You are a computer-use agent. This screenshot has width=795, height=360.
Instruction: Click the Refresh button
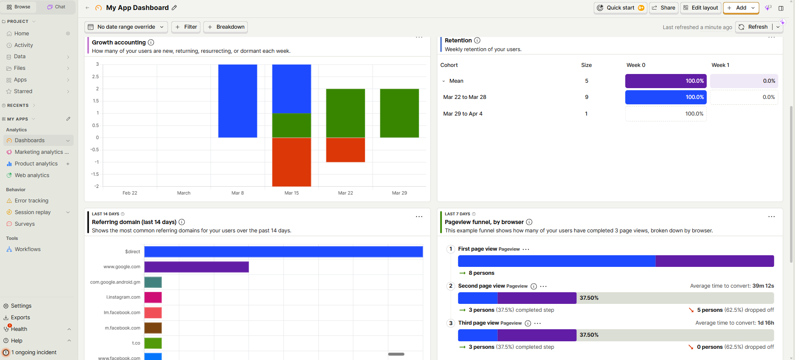pos(753,27)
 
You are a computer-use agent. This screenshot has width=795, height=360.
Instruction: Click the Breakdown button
pos(226,27)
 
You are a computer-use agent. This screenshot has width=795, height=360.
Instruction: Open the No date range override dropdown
pos(126,27)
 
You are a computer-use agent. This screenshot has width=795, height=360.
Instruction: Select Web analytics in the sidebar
pos(32,175)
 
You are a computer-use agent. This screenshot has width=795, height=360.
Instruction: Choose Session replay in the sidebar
pos(32,212)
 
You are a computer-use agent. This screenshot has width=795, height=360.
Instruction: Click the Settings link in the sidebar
pos(21,306)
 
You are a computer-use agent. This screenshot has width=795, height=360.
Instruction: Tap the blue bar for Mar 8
pos(237,101)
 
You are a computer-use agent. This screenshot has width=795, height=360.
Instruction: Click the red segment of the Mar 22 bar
pos(345,150)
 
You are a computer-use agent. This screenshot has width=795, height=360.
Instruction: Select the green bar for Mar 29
pos(399,113)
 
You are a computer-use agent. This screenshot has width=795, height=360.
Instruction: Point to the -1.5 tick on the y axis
pos(95,174)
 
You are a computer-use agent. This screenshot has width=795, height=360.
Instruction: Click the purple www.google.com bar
pos(196,267)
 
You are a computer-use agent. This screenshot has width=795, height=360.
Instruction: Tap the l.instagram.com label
pos(123,297)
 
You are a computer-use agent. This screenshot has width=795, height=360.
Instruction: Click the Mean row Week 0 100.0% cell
pos(665,81)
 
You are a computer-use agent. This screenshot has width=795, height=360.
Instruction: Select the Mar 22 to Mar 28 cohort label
pos(464,97)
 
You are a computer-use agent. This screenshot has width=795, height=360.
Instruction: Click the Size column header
pos(586,65)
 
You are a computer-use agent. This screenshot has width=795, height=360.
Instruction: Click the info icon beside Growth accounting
pos(151,42)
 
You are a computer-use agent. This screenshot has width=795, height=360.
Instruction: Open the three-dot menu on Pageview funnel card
pos(771,217)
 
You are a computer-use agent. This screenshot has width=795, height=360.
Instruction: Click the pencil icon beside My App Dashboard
pos(174,8)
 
